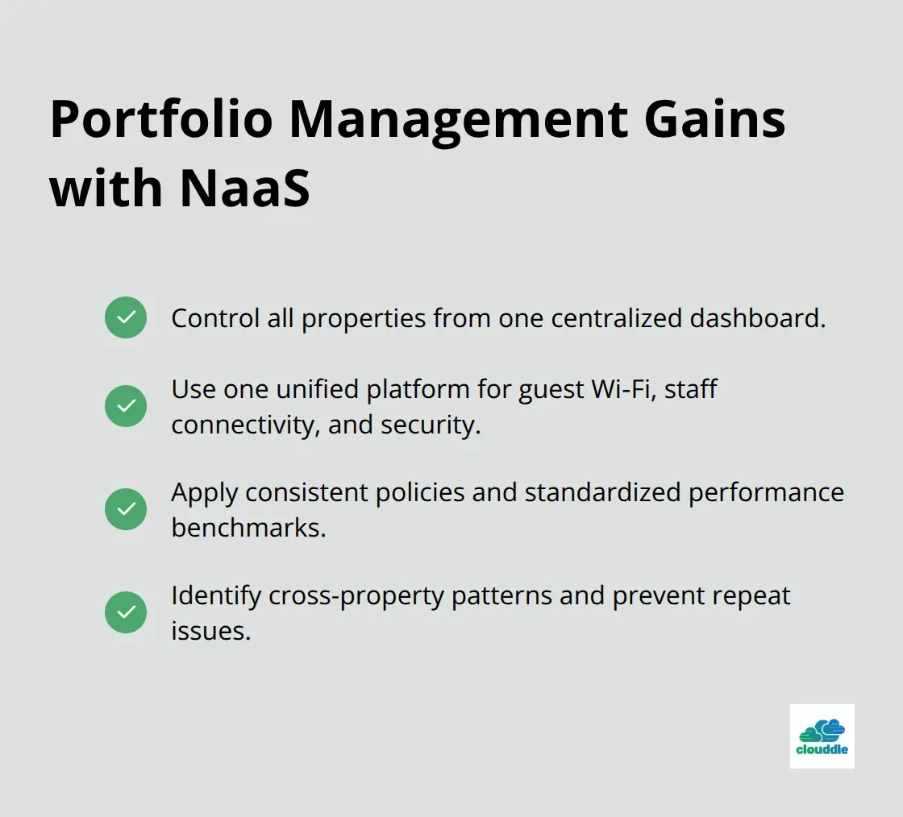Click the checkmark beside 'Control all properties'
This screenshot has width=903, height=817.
click(x=126, y=317)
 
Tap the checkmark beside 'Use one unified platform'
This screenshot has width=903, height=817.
click(x=126, y=406)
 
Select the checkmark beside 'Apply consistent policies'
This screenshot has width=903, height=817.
click(x=126, y=509)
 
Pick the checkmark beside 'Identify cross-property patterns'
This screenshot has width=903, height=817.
click(x=126, y=612)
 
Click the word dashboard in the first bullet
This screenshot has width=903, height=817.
click(x=757, y=318)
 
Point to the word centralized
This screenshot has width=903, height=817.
click(x=614, y=318)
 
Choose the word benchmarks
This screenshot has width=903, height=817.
click(x=248, y=528)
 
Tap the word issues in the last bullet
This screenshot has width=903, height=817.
click(x=210, y=631)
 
